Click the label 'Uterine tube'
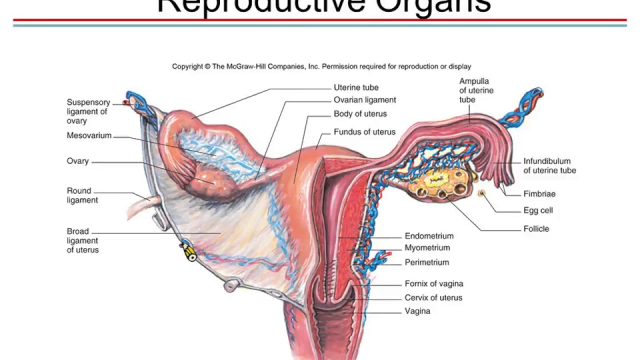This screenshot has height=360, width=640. click(x=356, y=87)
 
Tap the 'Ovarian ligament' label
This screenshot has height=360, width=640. click(x=364, y=100)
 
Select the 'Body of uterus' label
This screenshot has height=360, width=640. click(x=360, y=114)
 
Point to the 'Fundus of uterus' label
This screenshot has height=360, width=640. click(x=364, y=132)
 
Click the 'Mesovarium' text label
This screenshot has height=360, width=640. click(x=89, y=135)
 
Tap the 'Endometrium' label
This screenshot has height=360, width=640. click(x=429, y=236)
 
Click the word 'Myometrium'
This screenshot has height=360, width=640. click(x=427, y=248)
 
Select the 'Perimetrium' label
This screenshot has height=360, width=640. click(x=426, y=262)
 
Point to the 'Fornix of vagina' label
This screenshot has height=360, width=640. click(x=433, y=284)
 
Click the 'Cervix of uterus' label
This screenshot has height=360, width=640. click(x=433, y=298)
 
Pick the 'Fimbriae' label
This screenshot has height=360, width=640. click(x=539, y=194)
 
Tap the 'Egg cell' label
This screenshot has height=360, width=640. click(x=538, y=210)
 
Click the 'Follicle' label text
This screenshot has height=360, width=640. click(x=536, y=229)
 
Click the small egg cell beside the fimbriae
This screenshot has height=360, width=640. click(x=482, y=193)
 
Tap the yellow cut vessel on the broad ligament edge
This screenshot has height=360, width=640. click(x=190, y=253)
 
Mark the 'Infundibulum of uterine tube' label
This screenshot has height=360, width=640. click(x=549, y=166)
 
